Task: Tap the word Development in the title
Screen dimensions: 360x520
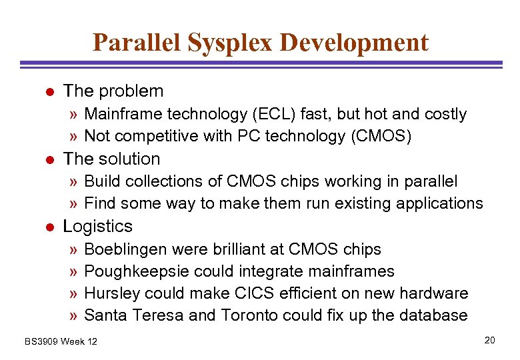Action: [354, 42]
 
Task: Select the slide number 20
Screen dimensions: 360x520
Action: [490, 341]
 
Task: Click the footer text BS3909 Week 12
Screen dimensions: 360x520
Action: [61, 341]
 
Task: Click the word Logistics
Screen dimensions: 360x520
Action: [97, 227]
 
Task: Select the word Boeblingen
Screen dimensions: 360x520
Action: [125, 249]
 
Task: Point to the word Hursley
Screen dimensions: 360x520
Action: [111, 293]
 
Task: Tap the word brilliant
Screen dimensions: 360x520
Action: [237, 249]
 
